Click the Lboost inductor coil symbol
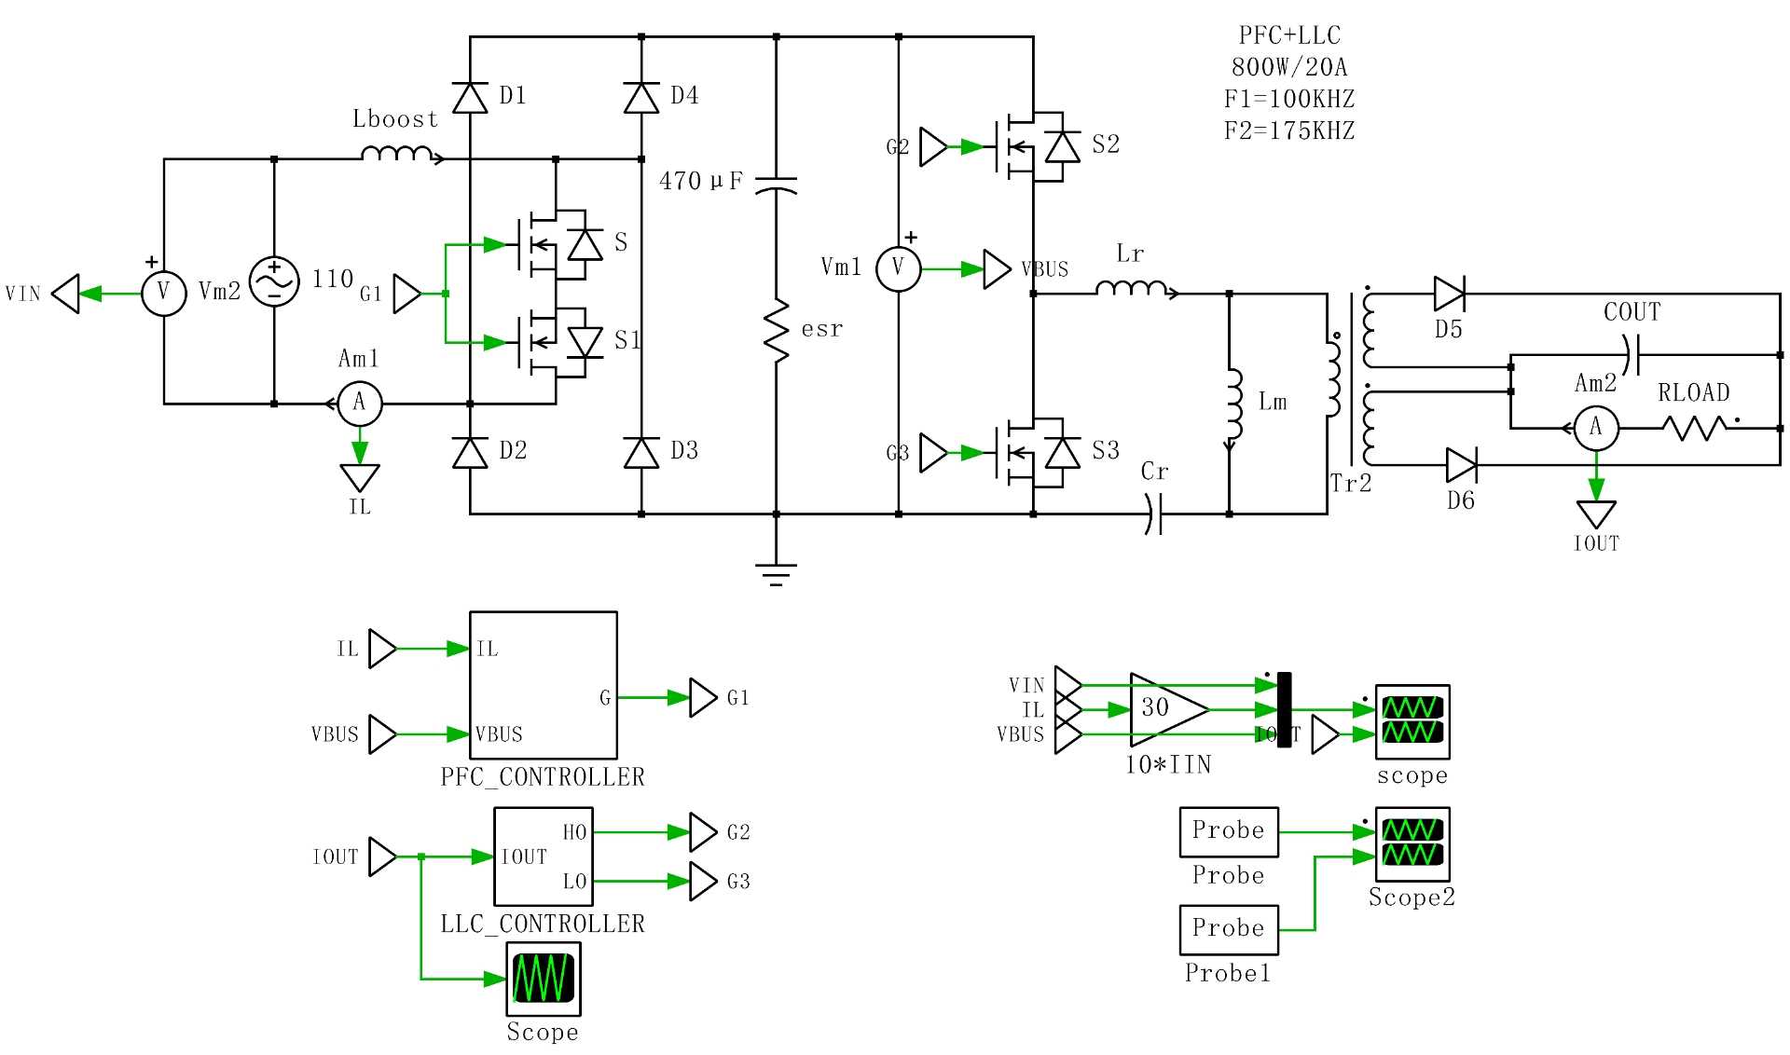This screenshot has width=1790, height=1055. click(397, 154)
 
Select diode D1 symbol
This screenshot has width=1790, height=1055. click(470, 97)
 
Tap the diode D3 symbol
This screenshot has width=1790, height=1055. click(641, 452)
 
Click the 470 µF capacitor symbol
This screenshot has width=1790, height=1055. click(776, 184)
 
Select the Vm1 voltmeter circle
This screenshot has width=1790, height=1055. click(898, 268)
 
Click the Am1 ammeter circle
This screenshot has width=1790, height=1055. click(359, 404)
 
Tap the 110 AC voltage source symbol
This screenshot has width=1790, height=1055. click(275, 281)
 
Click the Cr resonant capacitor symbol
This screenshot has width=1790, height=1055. click(1154, 514)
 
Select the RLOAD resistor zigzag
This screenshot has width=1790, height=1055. click(1694, 428)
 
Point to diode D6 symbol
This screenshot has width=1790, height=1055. click(1461, 464)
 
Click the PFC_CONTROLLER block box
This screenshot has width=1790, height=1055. click(543, 685)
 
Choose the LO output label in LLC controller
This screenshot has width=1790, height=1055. click(574, 882)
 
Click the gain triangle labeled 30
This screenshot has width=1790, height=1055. click(1165, 709)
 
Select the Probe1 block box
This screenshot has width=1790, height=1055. click(1228, 929)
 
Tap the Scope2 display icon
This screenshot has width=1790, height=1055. click(1412, 843)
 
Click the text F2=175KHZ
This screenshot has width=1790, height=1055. click(1288, 130)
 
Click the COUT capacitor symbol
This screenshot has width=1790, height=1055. click(1632, 355)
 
